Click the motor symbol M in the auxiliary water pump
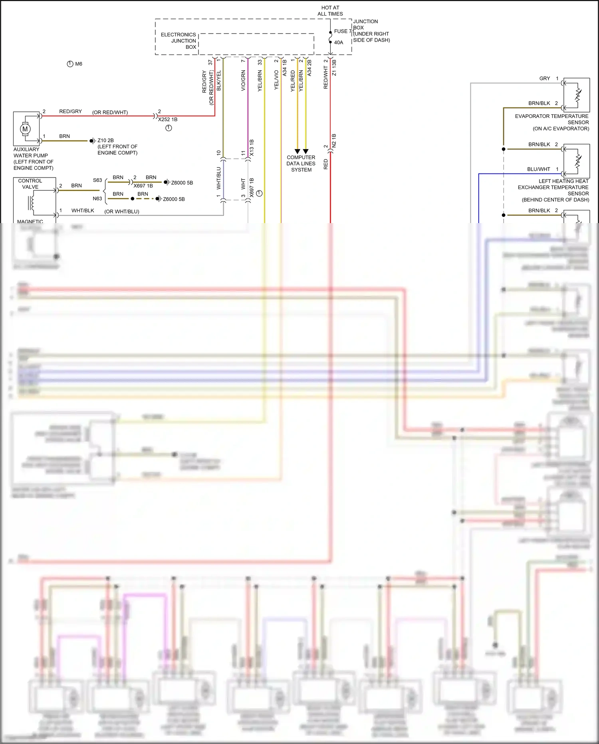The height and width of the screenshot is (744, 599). pyautogui.click(x=25, y=129)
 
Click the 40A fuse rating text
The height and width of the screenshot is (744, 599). pyautogui.click(x=338, y=42)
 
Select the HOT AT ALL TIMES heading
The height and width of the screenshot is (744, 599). pyautogui.click(x=330, y=11)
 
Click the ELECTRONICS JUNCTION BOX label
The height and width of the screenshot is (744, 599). pyautogui.click(x=179, y=41)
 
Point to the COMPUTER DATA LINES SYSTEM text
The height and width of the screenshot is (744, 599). pyautogui.click(x=301, y=164)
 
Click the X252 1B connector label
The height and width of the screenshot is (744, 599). pyautogui.click(x=168, y=120)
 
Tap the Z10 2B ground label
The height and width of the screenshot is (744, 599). pyautogui.click(x=105, y=140)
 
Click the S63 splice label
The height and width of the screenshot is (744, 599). pyautogui.click(x=97, y=180)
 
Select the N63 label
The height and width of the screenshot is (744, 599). pyautogui.click(x=97, y=199)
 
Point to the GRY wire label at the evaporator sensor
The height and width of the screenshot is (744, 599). pyautogui.click(x=544, y=78)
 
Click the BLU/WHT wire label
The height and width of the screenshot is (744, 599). pyautogui.click(x=538, y=169)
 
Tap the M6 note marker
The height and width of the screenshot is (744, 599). pyautogui.click(x=75, y=64)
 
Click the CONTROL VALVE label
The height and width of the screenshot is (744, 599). pyautogui.click(x=30, y=184)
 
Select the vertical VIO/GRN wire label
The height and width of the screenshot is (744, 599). pyautogui.click(x=243, y=81)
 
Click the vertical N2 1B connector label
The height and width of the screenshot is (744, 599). pyautogui.click(x=334, y=141)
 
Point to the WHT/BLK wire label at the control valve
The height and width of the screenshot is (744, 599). pyautogui.click(x=83, y=211)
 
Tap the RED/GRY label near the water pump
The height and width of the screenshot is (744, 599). pyautogui.click(x=70, y=112)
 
